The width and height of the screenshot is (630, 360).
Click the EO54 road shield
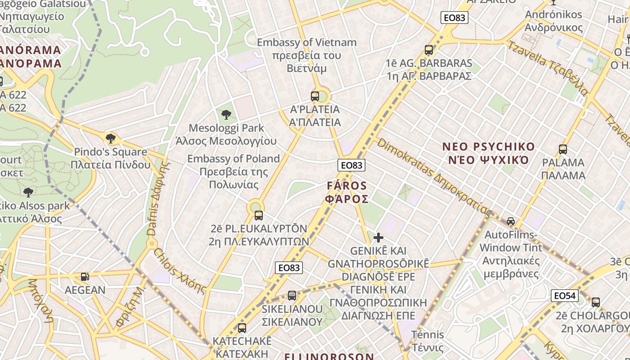click(x=564, y=296)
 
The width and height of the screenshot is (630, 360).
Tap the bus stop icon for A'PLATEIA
click(x=315, y=96)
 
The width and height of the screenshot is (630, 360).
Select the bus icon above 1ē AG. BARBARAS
click(x=429, y=50)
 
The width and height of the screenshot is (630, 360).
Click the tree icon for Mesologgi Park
click(x=226, y=115)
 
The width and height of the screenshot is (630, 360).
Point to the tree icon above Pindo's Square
click(x=110, y=139)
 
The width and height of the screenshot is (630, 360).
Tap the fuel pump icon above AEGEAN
click(x=85, y=277)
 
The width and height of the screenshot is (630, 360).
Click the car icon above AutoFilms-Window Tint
click(x=511, y=221)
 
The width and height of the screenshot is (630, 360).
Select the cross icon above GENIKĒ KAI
click(x=378, y=238)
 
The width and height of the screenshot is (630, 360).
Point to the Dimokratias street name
click(x=434, y=177)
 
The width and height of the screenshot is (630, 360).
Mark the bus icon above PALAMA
click(x=563, y=149)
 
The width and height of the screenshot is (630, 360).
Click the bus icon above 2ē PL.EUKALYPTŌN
click(x=258, y=216)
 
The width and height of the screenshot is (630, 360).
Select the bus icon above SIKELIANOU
click(x=292, y=296)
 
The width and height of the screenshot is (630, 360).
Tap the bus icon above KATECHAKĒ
click(x=242, y=328)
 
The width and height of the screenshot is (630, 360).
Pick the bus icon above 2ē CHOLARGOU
click(x=596, y=302)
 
